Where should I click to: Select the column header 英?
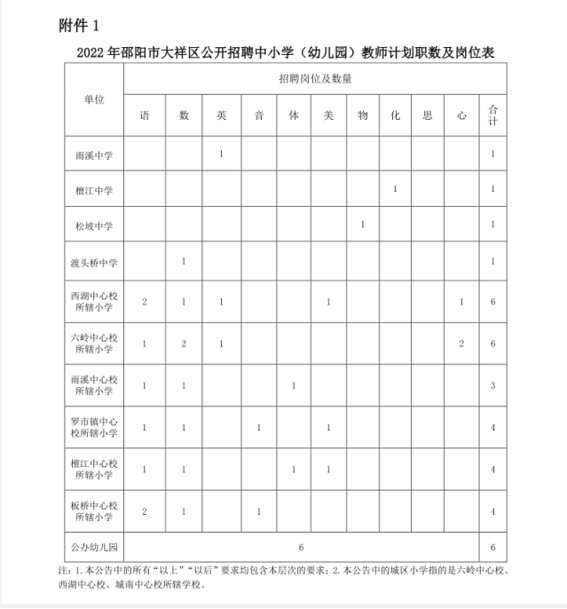point(221,115)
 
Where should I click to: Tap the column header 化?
point(394,115)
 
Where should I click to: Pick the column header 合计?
point(492,115)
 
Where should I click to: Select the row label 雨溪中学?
point(93,154)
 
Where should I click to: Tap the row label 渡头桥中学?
point(93,262)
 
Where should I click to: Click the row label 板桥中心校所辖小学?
point(93,510)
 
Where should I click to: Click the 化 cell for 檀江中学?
point(394,189)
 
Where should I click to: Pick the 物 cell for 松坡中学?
point(363,225)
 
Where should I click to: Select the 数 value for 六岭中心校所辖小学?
point(183,344)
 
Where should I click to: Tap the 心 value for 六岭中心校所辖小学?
point(461,344)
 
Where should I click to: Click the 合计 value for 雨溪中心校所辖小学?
point(492,385)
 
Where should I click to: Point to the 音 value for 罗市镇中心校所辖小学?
point(258,428)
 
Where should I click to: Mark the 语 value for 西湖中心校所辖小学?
point(145,303)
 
